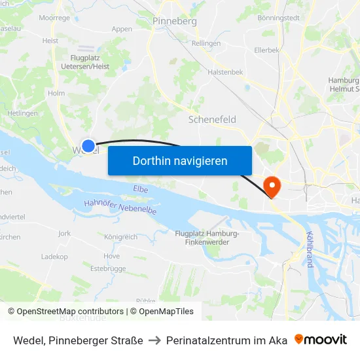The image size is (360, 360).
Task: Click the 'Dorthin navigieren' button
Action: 179,160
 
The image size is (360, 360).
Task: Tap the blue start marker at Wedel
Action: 88,145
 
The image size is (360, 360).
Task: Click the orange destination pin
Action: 270,185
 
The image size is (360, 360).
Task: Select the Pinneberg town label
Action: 175,21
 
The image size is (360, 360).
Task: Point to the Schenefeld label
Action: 212,120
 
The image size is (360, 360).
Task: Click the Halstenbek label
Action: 225,72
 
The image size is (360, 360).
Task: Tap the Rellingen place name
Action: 206,43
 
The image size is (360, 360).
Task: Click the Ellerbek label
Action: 266,50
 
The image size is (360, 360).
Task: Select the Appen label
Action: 122,29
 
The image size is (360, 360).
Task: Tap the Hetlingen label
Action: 22,113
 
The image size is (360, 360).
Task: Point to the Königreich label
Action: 120,236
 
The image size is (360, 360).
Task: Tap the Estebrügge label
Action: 107,268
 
